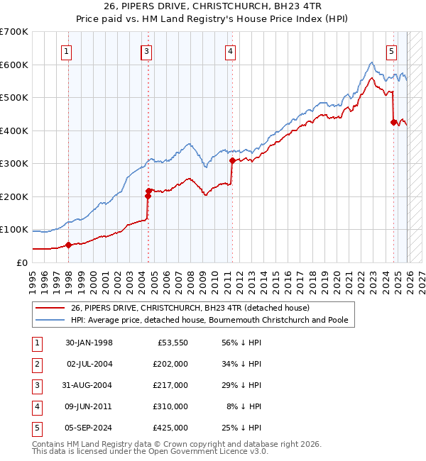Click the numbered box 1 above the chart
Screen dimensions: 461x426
point(66,50)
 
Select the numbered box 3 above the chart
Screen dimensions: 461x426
point(146,50)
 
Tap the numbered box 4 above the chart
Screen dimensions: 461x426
point(231,50)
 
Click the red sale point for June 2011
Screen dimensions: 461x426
point(232,160)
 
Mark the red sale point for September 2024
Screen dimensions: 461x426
point(393,122)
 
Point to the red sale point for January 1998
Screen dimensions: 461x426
point(69,245)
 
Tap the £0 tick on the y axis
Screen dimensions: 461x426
point(23,262)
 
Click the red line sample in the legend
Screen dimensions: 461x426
point(49,309)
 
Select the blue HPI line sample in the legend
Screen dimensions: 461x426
point(49,320)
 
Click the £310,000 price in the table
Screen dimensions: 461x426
point(170,406)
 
